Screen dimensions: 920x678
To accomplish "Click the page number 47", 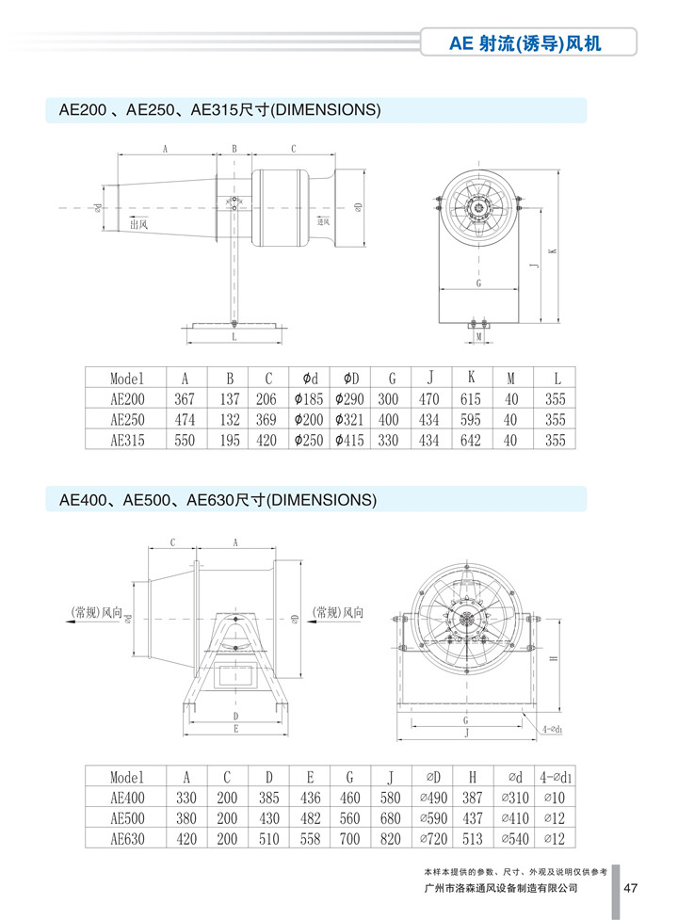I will (x=632, y=887).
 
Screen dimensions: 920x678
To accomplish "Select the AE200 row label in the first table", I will (x=126, y=398).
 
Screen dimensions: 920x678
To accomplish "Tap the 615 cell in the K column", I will (x=470, y=398).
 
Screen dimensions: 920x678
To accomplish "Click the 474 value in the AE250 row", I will (x=185, y=419).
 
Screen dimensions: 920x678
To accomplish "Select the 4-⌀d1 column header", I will (x=556, y=777).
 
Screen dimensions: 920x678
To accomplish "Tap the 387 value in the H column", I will (x=474, y=797).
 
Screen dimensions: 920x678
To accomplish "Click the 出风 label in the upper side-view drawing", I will (x=138, y=224).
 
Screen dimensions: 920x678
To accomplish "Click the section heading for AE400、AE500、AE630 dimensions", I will (x=218, y=501).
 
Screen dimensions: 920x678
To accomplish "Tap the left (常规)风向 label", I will (x=96, y=611).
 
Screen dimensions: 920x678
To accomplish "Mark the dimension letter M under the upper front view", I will (x=478, y=335).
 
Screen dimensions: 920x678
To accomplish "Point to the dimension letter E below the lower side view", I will (x=235, y=729).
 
